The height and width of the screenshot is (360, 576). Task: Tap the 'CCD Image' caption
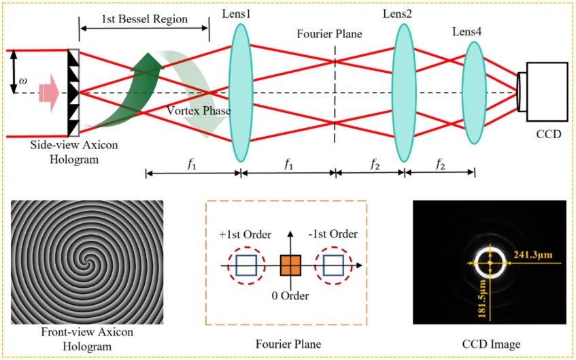tap(490, 344)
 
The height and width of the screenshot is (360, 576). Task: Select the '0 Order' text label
tap(290, 296)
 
